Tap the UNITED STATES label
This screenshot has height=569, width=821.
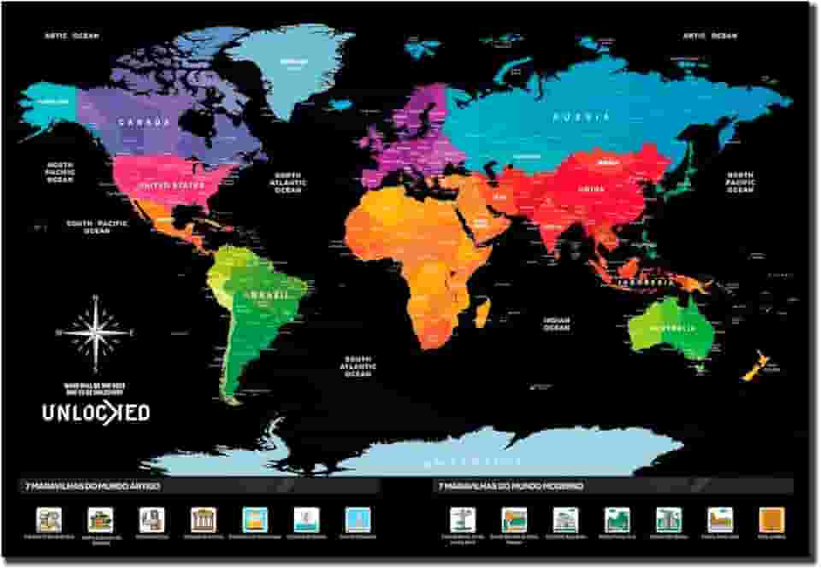click(x=172, y=185)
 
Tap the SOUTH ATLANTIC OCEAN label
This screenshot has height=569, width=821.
click(x=358, y=367)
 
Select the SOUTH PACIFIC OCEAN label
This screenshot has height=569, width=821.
click(x=97, y=226)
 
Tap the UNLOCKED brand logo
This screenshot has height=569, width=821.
click(x=96, y=413)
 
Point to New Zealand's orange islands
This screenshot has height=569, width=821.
click(x=752, y=367)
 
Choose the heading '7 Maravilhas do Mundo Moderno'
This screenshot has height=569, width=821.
click(x=511, y=486)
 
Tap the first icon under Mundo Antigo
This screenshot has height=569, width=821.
click(x=49, y=519)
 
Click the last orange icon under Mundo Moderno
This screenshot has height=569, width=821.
click(x=771, y=519)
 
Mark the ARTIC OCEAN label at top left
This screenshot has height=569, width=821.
click(x=73, y=36)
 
